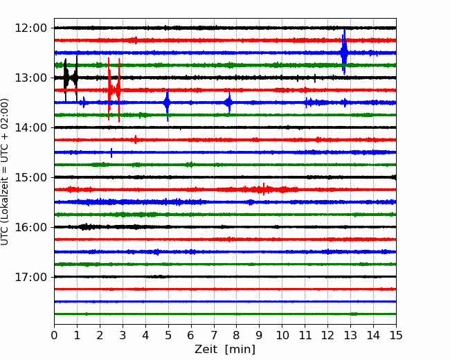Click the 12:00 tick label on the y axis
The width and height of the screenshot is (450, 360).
click(30, 28)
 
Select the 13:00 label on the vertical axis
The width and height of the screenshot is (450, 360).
click(30, 78)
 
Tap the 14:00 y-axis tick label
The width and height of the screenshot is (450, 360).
click(30, 127)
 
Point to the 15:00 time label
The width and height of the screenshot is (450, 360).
click(30, 177)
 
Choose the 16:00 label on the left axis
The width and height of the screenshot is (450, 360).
click(30, 227)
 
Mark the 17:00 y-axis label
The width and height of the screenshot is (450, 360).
click(30, 277)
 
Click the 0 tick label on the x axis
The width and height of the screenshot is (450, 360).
click(54, 335)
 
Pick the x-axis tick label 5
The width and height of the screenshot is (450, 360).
click(168, 335)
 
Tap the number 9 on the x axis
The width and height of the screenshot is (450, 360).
click(259, 335)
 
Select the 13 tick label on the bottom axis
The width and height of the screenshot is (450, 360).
click(350, 335)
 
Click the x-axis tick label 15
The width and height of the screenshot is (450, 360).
click(396, 335)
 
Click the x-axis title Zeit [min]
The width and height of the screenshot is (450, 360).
click(225, 350)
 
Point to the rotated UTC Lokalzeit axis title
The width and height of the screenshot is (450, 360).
click(5, 172)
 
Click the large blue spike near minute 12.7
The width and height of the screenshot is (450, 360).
click(344, 52)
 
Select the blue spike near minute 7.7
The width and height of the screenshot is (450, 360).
click(229, 102)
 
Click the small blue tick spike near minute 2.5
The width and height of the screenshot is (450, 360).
click(111, 153)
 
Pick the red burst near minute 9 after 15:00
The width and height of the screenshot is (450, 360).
click(264, 189)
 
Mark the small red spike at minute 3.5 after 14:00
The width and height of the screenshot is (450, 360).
click(136, 140)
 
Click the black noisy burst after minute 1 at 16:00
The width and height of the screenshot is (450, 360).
click(86, 227)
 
